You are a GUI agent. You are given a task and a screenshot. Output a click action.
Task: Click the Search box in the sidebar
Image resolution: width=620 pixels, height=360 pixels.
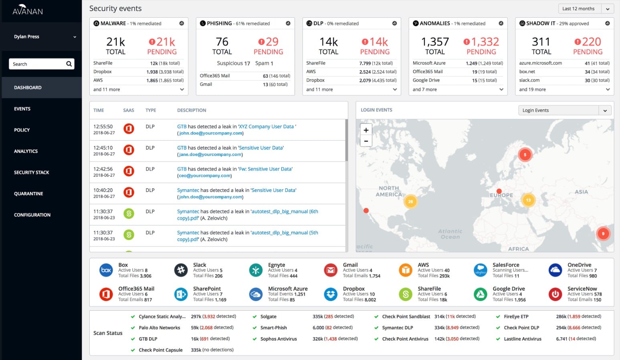38,64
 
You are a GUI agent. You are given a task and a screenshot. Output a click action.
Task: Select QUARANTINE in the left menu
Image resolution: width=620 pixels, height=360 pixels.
28,194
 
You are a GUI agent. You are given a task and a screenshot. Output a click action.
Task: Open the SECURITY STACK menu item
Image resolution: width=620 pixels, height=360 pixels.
31,172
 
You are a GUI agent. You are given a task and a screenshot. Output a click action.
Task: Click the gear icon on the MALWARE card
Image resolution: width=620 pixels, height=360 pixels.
182,23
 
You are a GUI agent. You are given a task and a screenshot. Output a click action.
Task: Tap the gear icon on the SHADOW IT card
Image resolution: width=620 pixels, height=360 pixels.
607,23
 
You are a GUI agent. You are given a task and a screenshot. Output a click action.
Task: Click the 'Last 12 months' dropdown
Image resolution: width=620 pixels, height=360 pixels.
586,9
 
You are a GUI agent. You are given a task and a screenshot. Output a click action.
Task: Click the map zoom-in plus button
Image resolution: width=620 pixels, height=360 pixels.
366,130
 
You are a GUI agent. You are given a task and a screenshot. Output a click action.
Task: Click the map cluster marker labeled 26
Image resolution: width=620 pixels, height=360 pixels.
410,202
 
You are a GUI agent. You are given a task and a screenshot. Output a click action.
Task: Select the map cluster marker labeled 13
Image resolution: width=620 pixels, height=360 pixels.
528,200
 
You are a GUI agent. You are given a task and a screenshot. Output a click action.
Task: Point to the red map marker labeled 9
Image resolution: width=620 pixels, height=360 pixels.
603,233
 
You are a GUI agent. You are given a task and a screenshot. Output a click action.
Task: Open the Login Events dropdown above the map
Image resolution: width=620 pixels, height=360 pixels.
565,110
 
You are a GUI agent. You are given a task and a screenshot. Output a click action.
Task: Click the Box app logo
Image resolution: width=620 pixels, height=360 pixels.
106,270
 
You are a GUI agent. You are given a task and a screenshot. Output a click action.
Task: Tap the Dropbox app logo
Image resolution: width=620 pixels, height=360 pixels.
331,294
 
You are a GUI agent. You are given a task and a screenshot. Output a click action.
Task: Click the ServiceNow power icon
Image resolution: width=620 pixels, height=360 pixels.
555,294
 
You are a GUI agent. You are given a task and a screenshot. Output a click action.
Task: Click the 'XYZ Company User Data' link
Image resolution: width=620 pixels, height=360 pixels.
267,127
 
